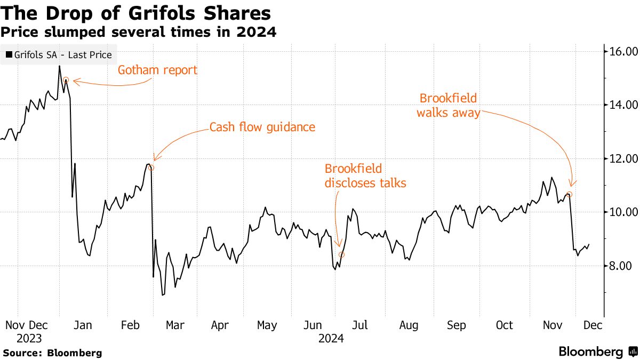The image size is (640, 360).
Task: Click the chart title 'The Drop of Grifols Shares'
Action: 135,13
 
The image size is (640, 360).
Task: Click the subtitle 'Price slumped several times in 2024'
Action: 138,32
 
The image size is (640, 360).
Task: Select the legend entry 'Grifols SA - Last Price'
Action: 59,55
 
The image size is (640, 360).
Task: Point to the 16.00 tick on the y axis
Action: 620,52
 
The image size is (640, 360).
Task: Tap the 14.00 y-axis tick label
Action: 620,105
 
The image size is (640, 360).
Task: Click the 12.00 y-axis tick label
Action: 620,159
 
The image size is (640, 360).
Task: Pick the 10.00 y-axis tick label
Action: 620,212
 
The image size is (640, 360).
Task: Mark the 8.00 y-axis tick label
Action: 620,266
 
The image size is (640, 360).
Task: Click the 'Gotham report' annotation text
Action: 157,70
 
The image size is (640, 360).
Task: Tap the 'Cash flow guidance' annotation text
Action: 262,127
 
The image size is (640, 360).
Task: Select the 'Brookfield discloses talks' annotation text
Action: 365,176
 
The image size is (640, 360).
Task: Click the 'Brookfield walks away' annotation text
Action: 448,106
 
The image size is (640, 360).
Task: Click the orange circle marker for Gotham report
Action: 66,80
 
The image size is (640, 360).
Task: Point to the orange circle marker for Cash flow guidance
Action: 151,168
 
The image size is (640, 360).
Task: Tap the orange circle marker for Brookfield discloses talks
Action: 341,255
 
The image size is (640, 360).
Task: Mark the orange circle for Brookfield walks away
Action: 570,195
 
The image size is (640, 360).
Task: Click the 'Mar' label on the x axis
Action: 175,325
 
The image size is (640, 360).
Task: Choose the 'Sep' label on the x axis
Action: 457,325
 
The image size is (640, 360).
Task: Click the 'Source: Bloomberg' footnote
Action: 52,353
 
